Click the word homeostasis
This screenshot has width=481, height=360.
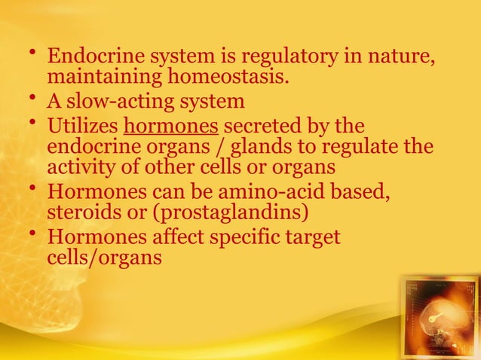click(219, 78)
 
